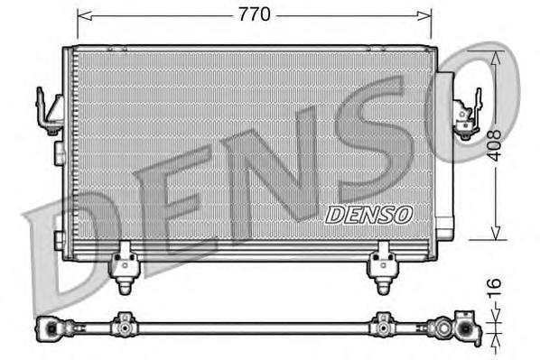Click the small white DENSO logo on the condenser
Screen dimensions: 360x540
[x=368, y=214]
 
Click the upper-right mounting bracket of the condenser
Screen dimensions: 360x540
[x=466, y=114]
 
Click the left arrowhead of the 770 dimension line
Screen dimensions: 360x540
[x=82, y=14]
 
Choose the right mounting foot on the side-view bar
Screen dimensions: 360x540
[x=382, y=323]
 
